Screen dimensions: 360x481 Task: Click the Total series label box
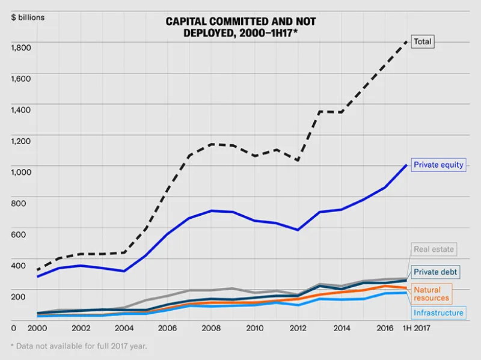tap(423, 42)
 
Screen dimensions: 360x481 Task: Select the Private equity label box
tap(438, 165)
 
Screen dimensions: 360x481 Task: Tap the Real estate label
tap(434, 249)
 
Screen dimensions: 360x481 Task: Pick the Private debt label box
tap(435, 272)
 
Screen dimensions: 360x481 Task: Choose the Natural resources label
tap(431, 294)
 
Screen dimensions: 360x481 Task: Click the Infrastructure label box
tap(438, 313)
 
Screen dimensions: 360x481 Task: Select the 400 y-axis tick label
tap(19, 266)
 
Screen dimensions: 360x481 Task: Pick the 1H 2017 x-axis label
tap(416, 328)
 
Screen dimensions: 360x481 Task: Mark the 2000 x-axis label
tap(37, 328)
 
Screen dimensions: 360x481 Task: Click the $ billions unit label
tap(28, 17)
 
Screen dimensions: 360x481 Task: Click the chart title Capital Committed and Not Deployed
tap(240, 27)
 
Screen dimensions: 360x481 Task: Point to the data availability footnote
tap(79, 346)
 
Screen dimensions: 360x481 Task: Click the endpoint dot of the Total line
tap(406, 42)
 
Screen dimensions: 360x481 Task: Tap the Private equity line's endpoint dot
tap(406, 165)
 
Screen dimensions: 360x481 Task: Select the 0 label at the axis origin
tap(13, 328)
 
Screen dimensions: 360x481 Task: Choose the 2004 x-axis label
tap(124, 328)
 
